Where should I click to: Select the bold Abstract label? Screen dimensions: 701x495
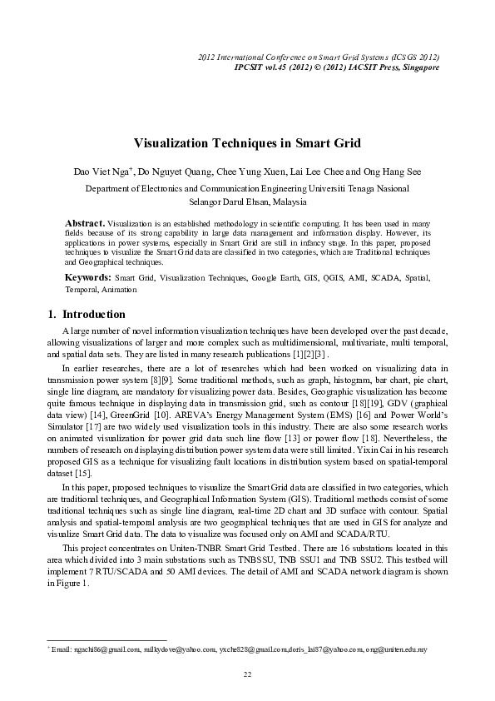(84, 224)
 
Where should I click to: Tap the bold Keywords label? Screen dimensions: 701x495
(88, 276)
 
